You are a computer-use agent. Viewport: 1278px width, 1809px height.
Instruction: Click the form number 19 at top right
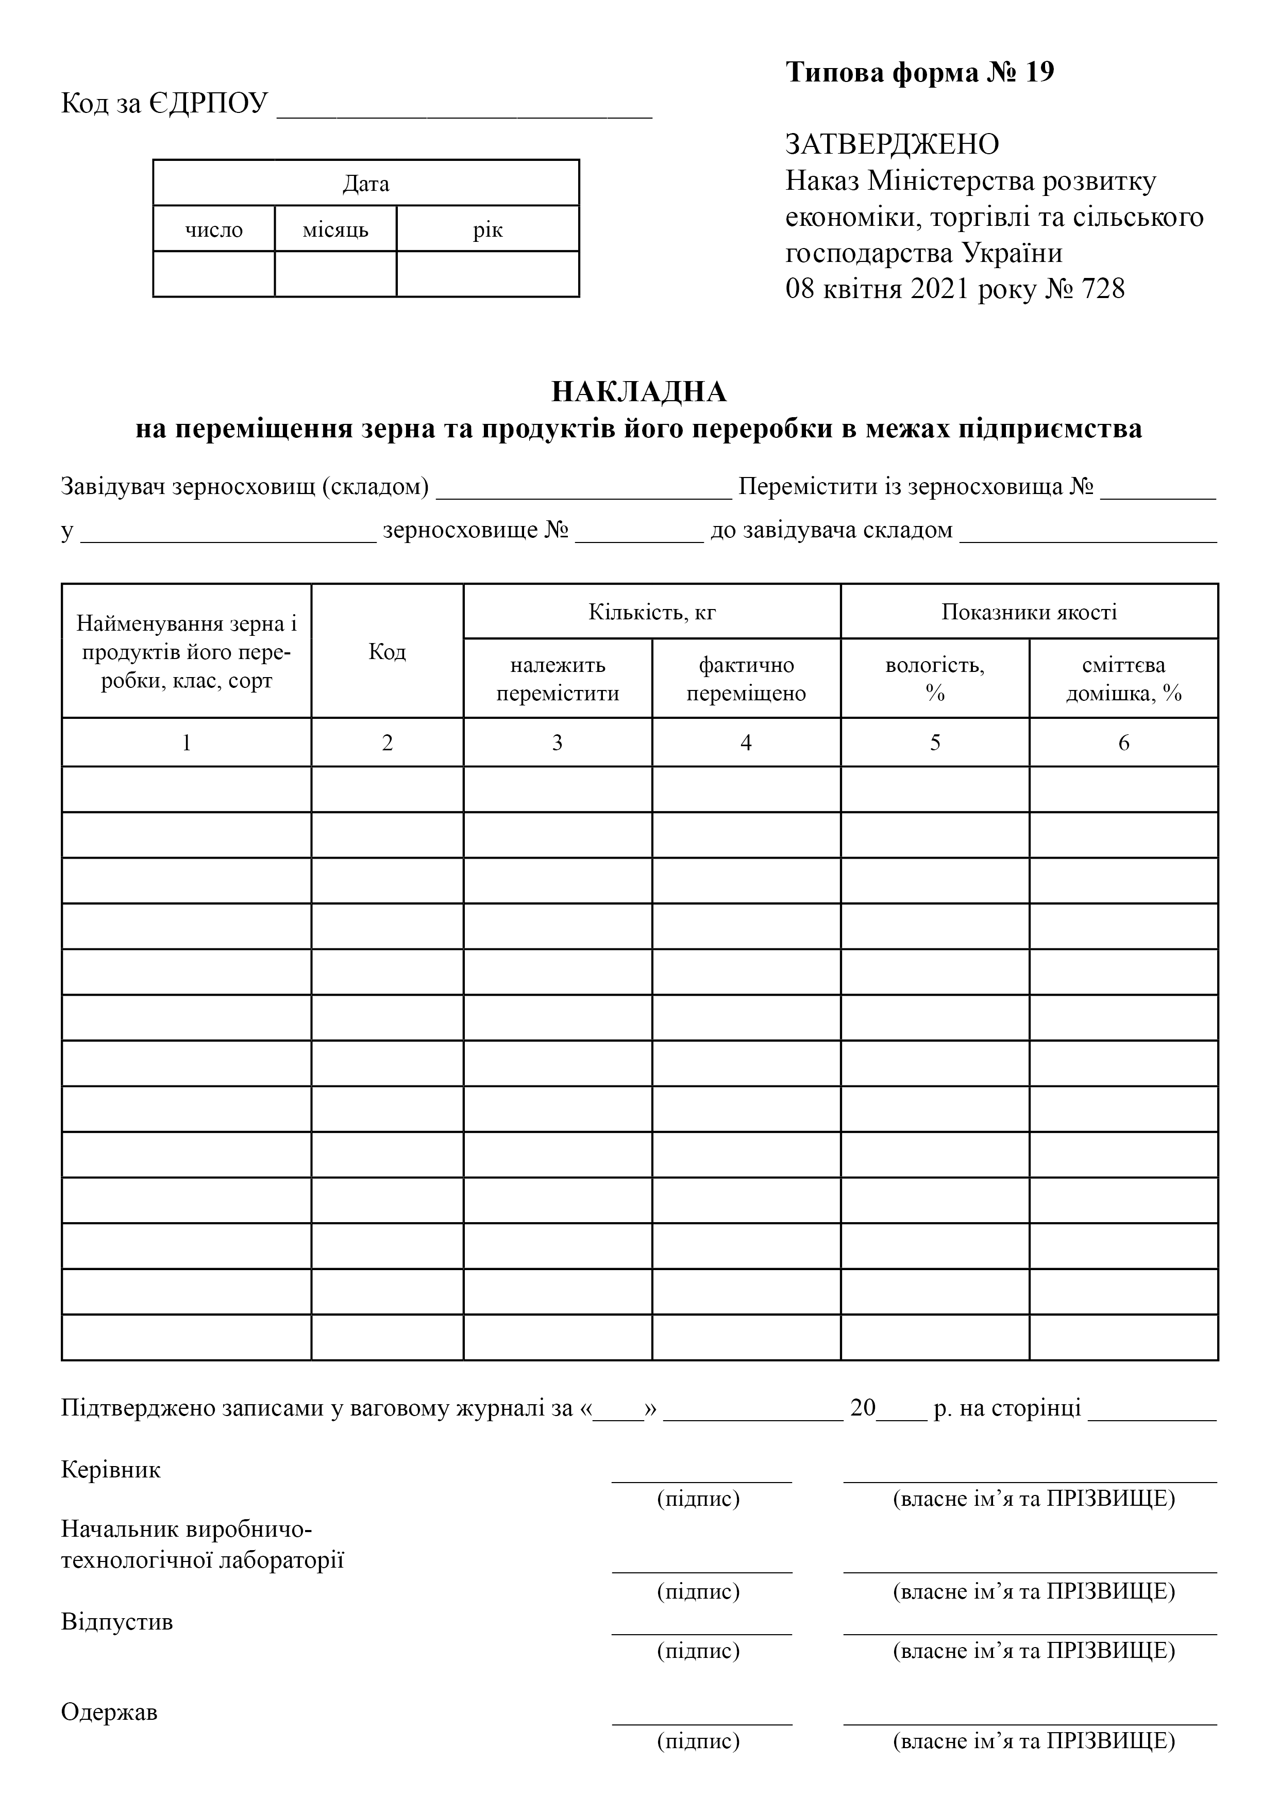tap(1039, 73)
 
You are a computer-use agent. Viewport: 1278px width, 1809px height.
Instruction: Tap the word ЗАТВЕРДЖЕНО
tap(892, 144)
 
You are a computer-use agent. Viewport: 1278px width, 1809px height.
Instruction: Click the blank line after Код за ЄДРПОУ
tap(465, 110)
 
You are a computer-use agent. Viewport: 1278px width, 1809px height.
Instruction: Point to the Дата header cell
tap(366, 184)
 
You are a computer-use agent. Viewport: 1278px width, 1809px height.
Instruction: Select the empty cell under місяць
tap(335, 274)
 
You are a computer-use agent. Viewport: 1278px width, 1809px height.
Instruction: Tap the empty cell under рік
tap(487, 274)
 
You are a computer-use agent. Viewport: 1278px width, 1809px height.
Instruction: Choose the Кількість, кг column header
tap(652, 612)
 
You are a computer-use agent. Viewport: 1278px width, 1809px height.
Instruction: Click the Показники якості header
tap(1029, 612)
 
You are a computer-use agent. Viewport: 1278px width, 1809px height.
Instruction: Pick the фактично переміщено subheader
tap(747, 679)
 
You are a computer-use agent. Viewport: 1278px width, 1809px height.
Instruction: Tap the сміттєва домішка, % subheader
tap(1124, 679)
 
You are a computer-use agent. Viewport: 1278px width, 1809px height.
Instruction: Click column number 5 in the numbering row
tap(935, 743)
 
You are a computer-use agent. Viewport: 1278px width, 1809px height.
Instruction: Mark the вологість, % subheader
tap(935, 679)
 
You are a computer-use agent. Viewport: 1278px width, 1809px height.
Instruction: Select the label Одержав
tap(109, 1712)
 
